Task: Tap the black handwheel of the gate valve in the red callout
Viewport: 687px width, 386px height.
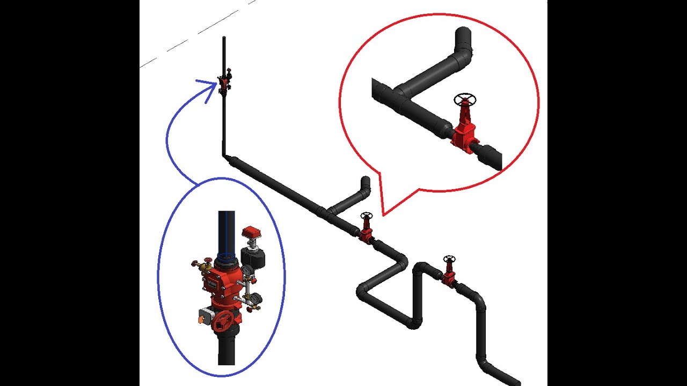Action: click(x=465, y=100)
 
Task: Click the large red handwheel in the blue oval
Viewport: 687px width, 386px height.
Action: click(x=222, y=321)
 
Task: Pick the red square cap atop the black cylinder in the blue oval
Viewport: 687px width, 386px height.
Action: click(x=251, y=232)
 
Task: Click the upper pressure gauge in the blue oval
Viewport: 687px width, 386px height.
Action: click(x=246, y=272)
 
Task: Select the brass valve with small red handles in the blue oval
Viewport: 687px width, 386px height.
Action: click(x=203, y=266)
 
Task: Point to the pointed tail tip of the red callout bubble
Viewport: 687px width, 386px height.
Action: click(x=383, y=215)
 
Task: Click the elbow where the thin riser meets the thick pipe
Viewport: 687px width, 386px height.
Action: click(x=225, y=157)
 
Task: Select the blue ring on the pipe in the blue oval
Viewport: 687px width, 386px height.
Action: click(x=226, y=256)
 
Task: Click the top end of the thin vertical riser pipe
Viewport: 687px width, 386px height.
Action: click(x=224, y=38)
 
